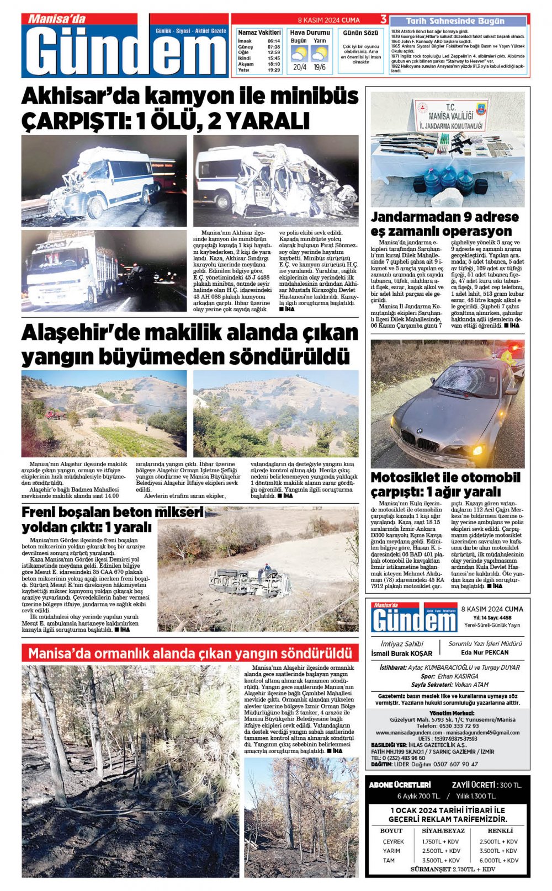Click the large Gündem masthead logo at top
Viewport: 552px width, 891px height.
coord(125,50)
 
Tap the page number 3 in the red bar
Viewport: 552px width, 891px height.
coord(383,19)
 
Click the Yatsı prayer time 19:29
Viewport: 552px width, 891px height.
coord(273,70)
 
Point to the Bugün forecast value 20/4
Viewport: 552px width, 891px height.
coord(300,67)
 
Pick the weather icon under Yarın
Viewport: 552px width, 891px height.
coord(319,54)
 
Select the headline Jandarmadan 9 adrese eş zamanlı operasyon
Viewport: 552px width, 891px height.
coord(444,223)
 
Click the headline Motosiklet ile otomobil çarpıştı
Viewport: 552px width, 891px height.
coord(445,484)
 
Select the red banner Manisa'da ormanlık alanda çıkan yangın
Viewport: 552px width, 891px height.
coord(190,653)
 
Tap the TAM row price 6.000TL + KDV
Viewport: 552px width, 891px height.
coord(499,860)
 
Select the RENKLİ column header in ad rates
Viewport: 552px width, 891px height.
coord(500,830)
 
